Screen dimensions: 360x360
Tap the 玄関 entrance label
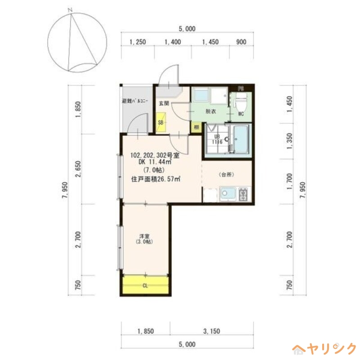click(163, 103)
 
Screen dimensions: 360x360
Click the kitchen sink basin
click(227, 194)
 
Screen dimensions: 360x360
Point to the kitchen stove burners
click(243, 194)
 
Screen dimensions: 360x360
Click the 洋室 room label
click(144, 236)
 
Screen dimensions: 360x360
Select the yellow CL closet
click(145, 285)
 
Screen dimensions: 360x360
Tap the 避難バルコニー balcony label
click(135, 101)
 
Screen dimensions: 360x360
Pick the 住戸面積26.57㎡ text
click(156, 179)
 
